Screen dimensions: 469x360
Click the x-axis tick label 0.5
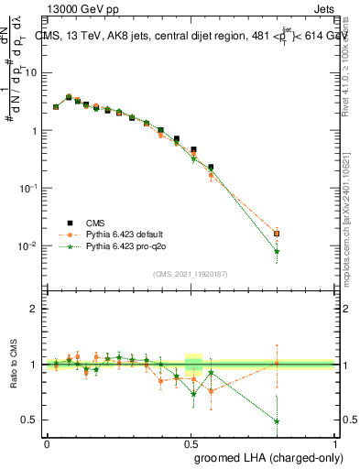pos(191,442)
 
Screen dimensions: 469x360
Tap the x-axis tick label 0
pos(47,442)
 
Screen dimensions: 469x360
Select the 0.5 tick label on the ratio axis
pos(32,420)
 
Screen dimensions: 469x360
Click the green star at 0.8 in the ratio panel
pos(277,421)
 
